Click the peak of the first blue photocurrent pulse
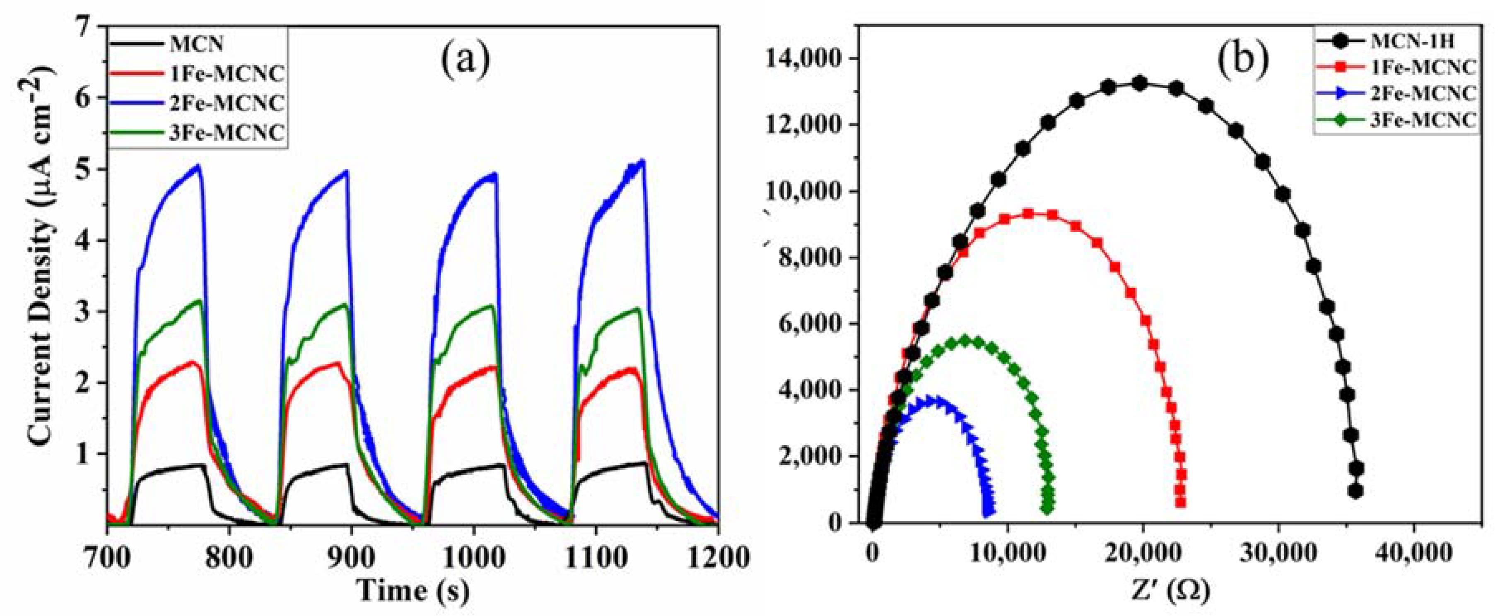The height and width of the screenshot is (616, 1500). click(x=198, y=166)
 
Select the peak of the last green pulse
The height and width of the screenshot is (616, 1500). click(x=638, y=309)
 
